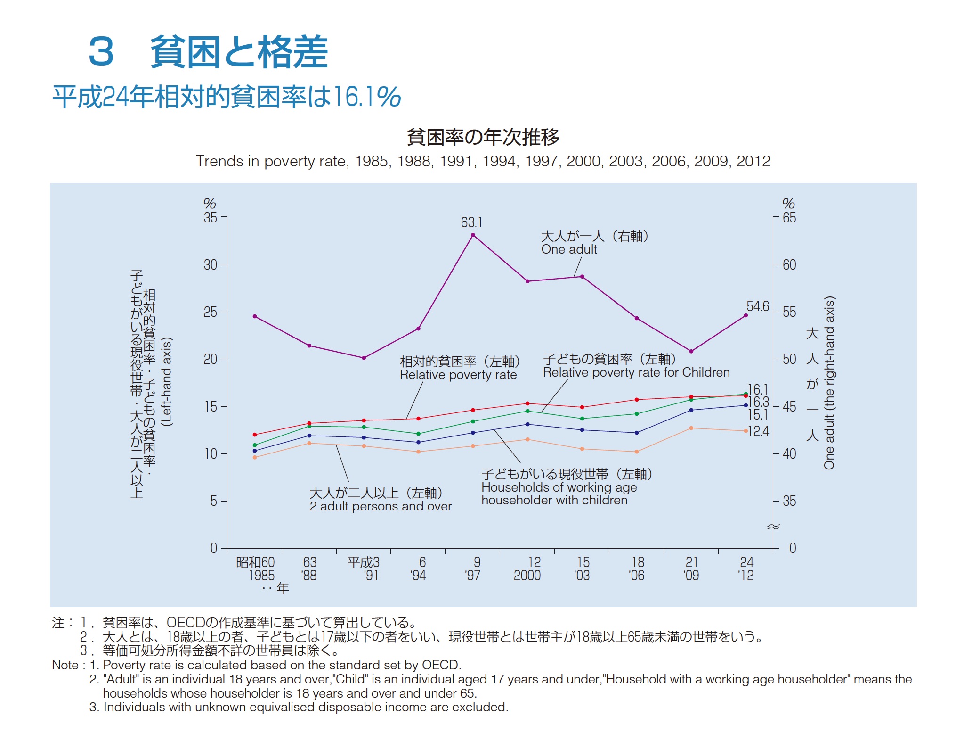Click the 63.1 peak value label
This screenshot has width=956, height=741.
(471, 222)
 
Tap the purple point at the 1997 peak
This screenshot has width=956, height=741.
(473, 235)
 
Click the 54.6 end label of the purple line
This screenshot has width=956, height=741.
(757, 306)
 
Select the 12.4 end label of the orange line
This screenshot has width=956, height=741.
(758, 431)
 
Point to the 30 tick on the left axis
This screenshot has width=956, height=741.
(211, 264)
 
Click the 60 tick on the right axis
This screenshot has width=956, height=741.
(789, 264)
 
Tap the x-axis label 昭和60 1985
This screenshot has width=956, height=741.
(255, 568)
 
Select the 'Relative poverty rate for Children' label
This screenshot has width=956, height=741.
(636, 372)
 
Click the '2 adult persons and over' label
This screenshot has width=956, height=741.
(381, 506)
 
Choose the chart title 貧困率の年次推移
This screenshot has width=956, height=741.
(483, 137)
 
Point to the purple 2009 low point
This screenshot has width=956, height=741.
(691, 351)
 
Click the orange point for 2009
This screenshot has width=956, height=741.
(691, 428)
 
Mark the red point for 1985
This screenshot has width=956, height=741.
(255, 435)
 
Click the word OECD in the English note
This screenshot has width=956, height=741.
(440, 665)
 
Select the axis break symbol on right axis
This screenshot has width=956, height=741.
(773, 527)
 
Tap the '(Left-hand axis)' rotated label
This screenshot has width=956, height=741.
(167, 382)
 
